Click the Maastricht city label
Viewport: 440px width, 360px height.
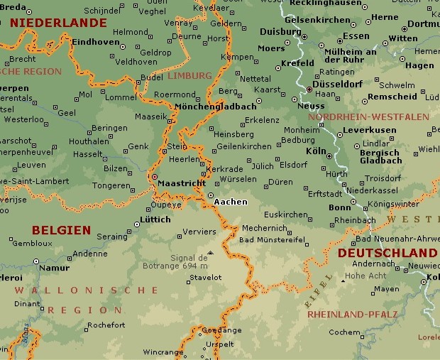pyautogui.click(x=181, y=183)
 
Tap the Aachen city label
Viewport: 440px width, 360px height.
pyautogui.click(x=231, y=202)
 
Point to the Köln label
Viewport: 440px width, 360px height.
pyautogui.click(x=315, y=151)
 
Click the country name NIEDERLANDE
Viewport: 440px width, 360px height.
pyautogui.click(x=58, y=23)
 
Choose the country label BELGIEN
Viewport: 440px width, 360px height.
pyautogui.click(x=61, y=230)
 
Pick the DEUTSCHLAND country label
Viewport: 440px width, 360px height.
pyautogui.click(x=387, y=253)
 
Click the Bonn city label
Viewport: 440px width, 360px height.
pyautogui.click(x=340, y=207)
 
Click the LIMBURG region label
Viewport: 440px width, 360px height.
pyautogui.click(x=189, y=75)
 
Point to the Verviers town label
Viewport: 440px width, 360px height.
pyautogui.click(x=199, y=231)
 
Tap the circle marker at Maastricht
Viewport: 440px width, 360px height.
pyautogui.click(x=153, y=177)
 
